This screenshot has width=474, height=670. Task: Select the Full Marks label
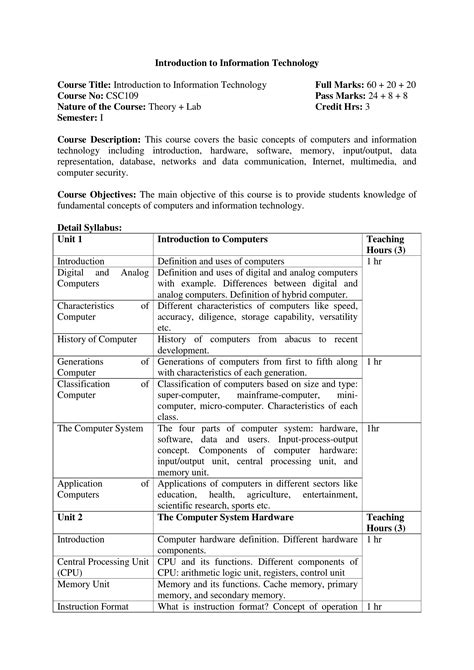click(341, 85)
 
